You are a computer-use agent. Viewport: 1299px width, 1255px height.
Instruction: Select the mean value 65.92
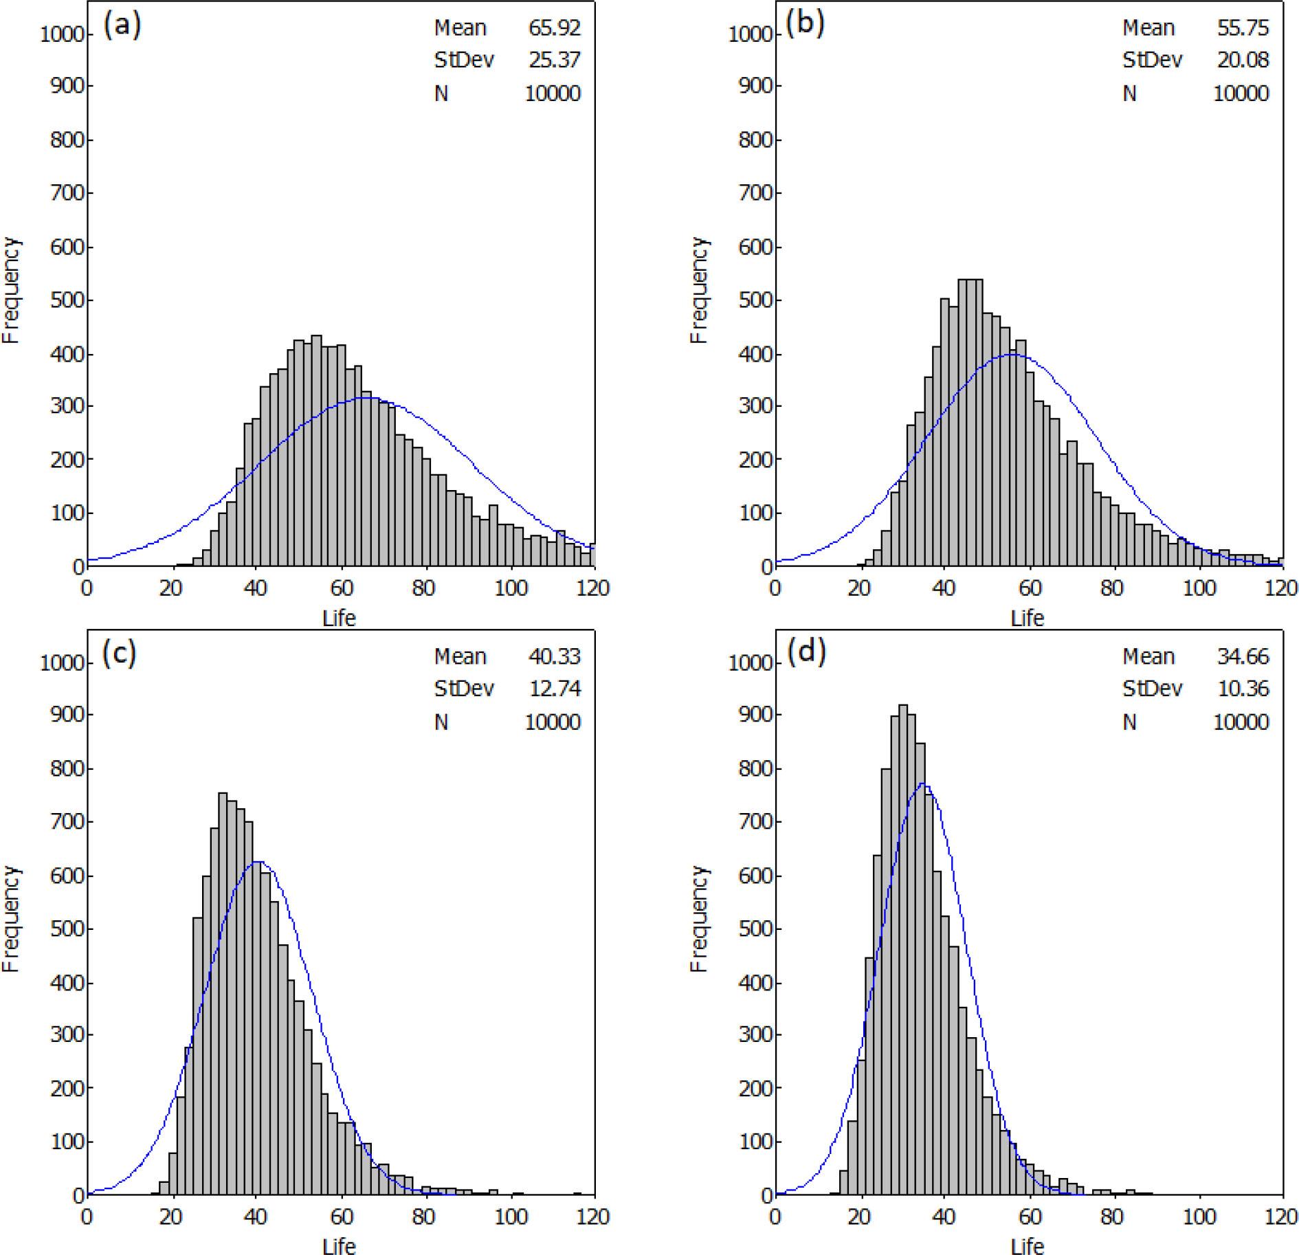(x=554, y=28)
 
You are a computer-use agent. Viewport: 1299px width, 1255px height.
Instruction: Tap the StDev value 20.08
(x=1241, y=60)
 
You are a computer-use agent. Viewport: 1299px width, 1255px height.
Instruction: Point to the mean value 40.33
(x=554, y=657)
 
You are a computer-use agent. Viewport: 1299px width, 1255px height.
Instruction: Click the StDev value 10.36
(x=1241, y=689)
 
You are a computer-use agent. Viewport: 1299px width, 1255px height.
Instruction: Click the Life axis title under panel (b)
(x=1027, y=619)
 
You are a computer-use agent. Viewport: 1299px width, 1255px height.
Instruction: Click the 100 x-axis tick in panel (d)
(x=1199, y=1217)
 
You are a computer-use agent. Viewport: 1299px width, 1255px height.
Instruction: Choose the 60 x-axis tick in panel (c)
(x=340, y=1217)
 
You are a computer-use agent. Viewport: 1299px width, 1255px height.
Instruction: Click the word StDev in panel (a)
(x=464, y=60)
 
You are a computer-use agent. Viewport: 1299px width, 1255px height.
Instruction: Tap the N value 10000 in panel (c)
(x=553, y=722)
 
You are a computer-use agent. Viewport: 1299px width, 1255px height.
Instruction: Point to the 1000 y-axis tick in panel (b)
(x=751, y=34)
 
